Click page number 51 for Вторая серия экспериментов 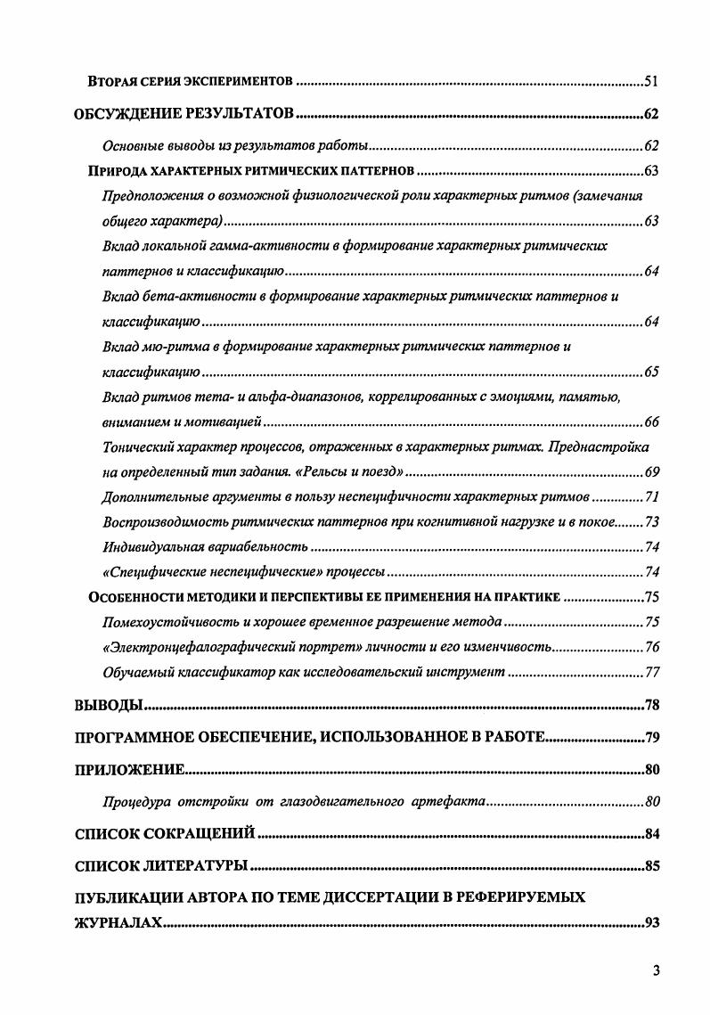[x=650, y=82]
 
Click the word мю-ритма [x=169, y=345]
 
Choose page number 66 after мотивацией [x=650, y=421]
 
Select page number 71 [x=650, y=495]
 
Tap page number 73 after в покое [x=650, y=520]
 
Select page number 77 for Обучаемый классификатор [x=650, y=671]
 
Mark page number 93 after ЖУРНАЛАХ [x=650, y=921]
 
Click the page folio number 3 [x=655, y=970]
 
